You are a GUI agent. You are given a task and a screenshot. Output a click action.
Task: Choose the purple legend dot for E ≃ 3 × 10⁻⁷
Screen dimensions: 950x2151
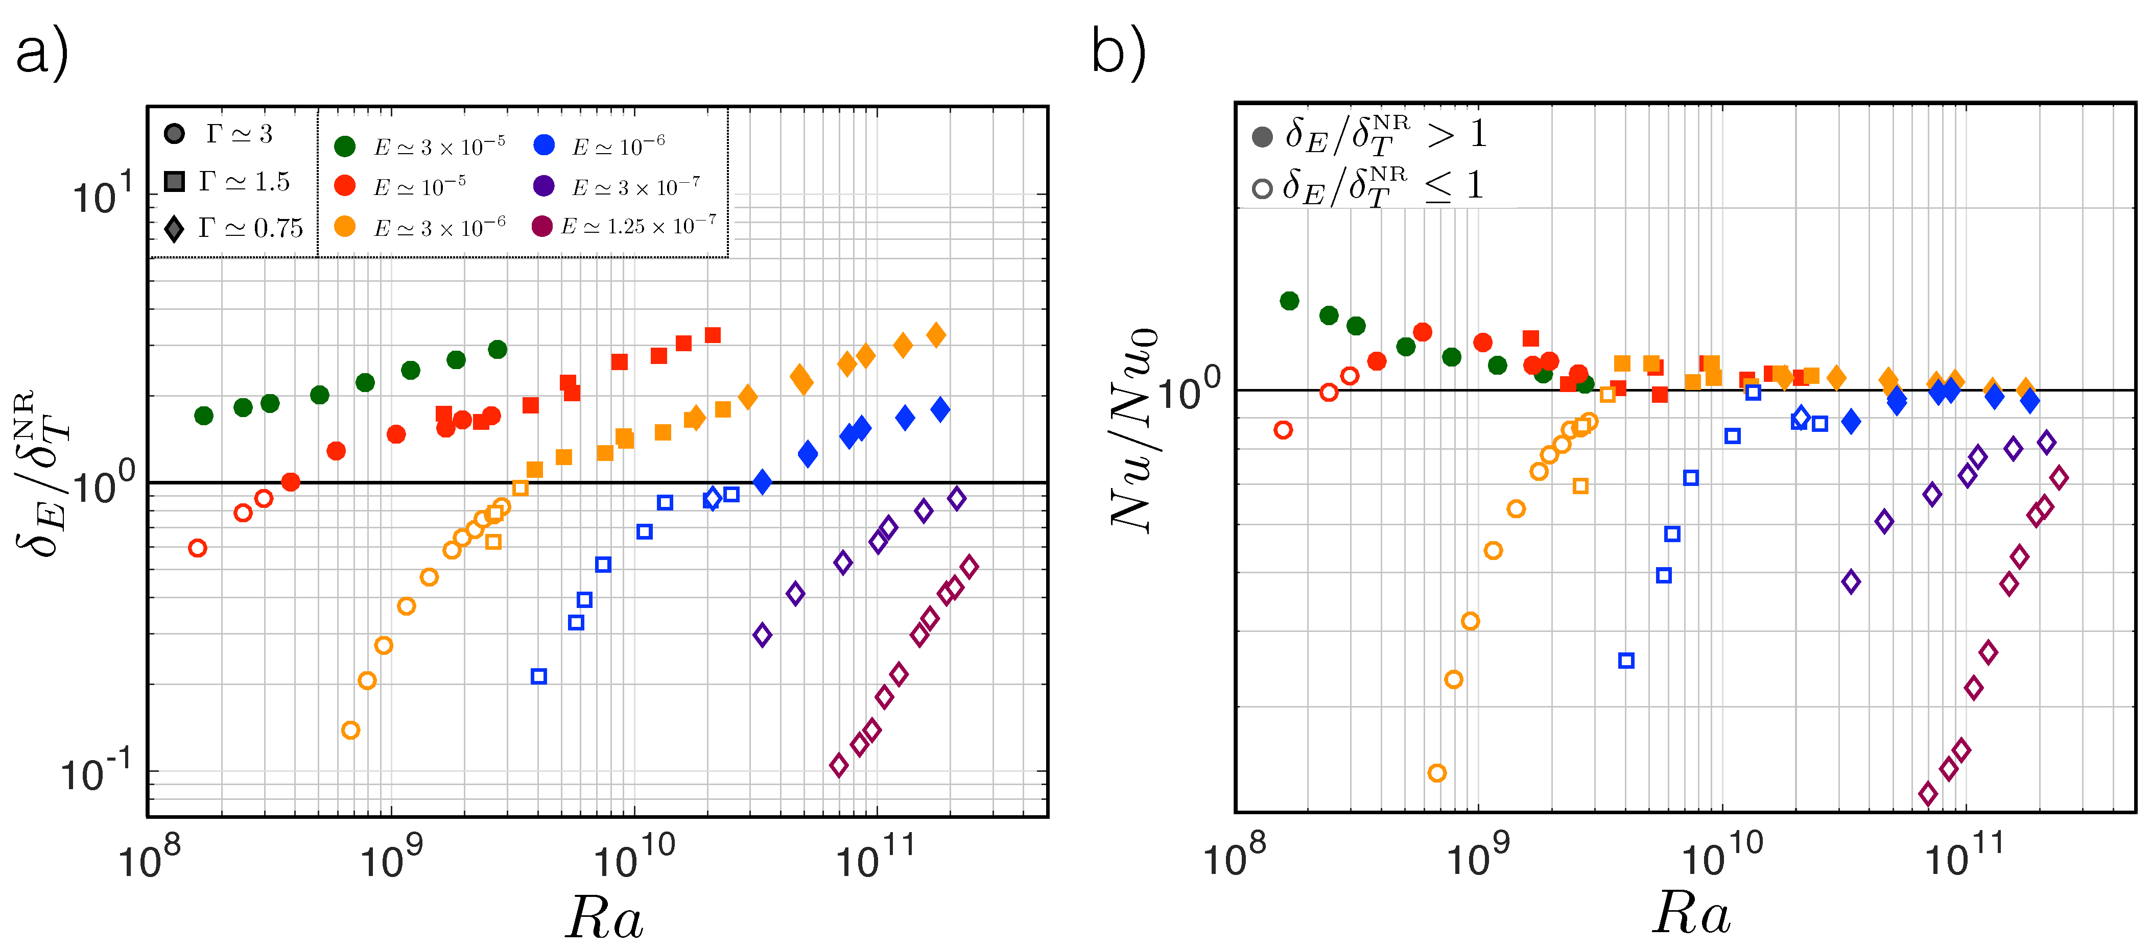tap(543, 185)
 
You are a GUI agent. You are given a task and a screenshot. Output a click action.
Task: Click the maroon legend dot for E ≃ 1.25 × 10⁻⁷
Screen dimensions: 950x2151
tap(542, 226)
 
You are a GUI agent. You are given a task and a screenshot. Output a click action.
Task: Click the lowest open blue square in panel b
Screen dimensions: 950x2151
tap(1626, 661)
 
